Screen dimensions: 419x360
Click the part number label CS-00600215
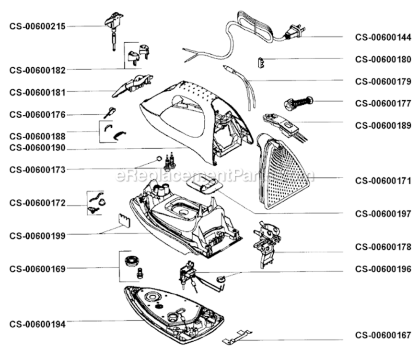[37, 26]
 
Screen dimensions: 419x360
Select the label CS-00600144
[383, 37]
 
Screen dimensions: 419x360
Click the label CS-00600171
[383, 181]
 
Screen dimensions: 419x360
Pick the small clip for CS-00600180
[261, 63]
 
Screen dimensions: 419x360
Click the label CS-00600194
[37, 324]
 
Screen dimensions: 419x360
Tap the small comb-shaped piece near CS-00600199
[124, 220]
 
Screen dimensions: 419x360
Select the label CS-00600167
[383, 336]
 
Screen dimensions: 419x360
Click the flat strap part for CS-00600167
[237, 337]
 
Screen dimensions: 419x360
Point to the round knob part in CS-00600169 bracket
[132, 261]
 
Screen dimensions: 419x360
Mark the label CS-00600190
[37, 148]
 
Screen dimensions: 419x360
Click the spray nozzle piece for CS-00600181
[132, 85]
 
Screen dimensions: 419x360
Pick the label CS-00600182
[37, 71]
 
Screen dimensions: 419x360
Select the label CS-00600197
[383, 214]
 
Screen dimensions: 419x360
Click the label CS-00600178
[383, 247]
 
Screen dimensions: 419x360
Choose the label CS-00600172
[37, 203]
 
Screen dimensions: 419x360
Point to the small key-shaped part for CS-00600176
[110, 113]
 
